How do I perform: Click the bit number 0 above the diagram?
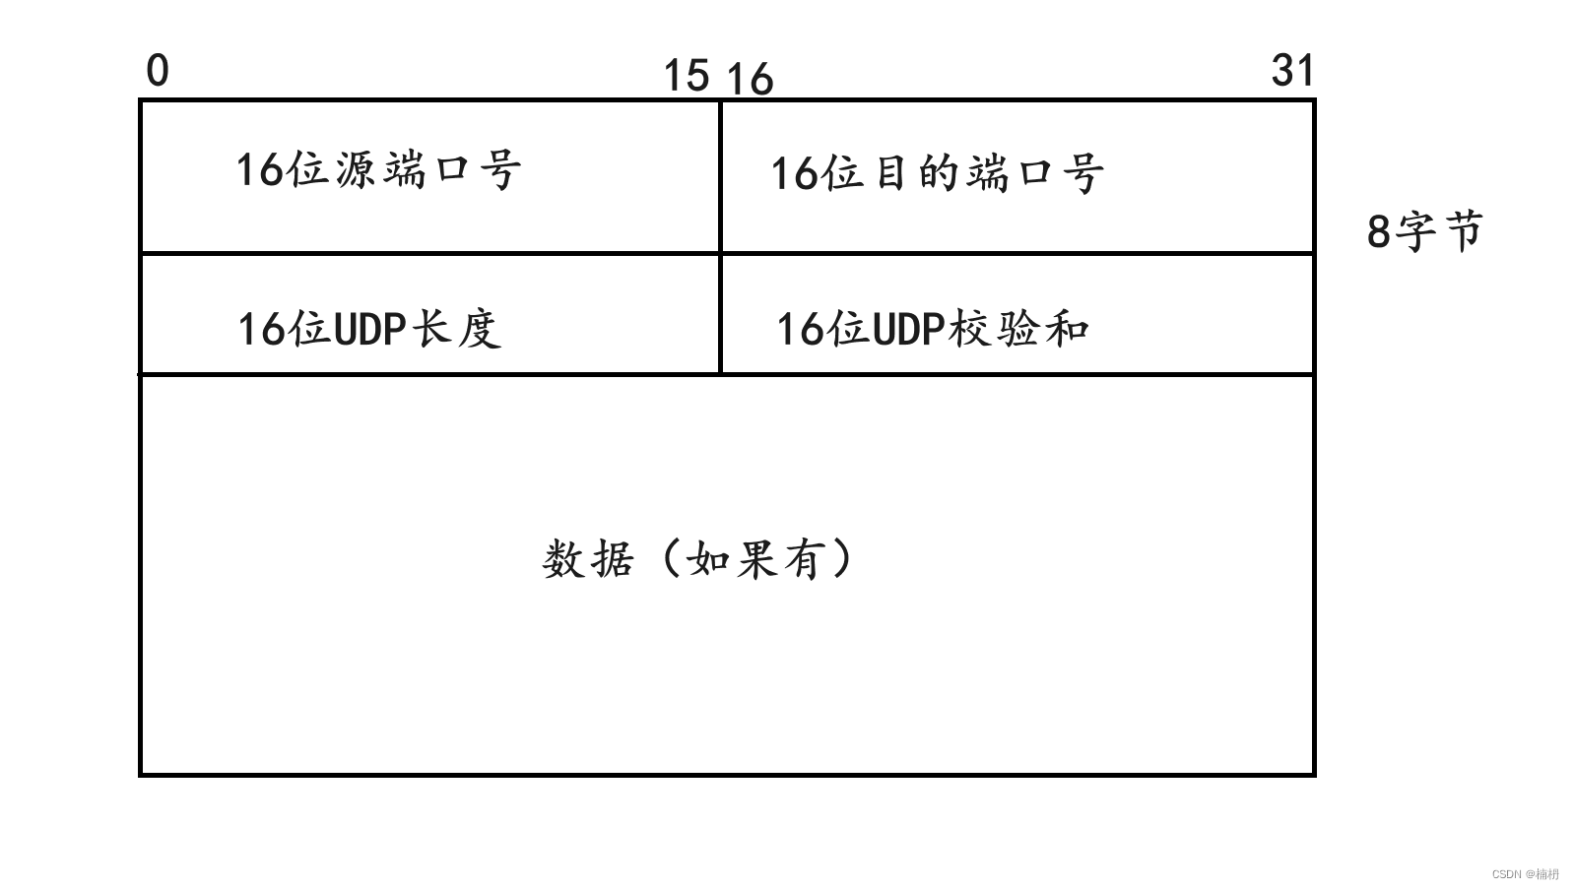[158, 71]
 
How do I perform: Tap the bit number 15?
[686, 75]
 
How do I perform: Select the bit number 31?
[1293, 71]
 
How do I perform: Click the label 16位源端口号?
[378, 169]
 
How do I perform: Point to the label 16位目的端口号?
[937, 173]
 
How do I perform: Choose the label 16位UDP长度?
[369, 329]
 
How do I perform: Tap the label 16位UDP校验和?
[932, 329]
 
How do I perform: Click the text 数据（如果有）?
[697, 559]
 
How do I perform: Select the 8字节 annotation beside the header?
[1424, 232]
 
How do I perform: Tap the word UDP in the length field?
[370, 329]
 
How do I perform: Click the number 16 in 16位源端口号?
[260, 169]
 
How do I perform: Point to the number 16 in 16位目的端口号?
[794, 174]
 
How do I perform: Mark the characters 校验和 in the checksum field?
[1018, 329]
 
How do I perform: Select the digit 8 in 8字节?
[1379, 232]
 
